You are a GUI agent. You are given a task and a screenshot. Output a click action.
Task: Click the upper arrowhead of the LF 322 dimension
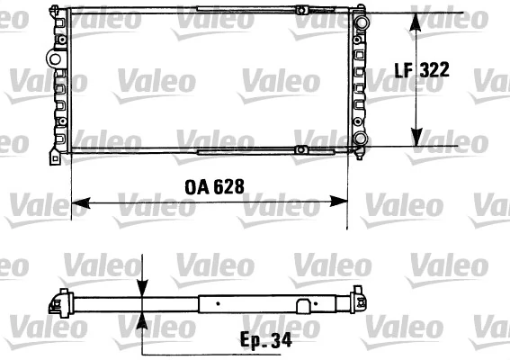point(416,20)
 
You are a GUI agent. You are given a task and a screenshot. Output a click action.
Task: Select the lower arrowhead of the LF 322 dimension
point(416,141)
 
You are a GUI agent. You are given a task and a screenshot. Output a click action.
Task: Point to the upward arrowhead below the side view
point(142,320)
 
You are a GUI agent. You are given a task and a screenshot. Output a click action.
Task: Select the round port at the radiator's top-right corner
point(361,20)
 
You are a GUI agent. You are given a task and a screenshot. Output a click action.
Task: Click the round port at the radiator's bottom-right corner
point(361,139)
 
